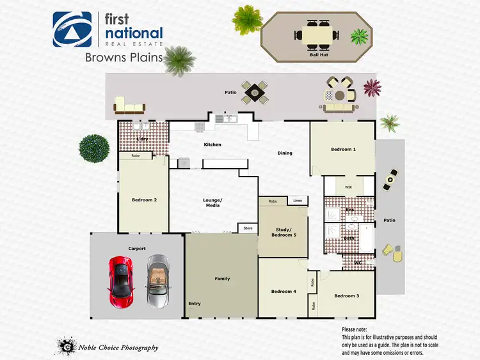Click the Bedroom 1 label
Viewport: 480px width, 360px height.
[342, 150]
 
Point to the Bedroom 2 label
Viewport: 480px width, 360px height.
[144, 200]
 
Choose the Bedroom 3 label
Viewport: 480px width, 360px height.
[346, 296]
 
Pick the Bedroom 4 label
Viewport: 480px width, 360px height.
[284, 292]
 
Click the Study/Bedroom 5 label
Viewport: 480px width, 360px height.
[284, 231]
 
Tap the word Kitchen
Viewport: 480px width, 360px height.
[212, 145]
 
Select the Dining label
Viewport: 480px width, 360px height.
[285, 153]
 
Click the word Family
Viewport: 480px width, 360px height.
[222, 279]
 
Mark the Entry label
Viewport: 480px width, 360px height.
[194, 304]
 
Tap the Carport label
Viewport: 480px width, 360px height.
[137, 249]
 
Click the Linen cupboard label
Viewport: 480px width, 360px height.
[298, 201]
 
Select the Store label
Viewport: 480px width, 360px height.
[248, 228]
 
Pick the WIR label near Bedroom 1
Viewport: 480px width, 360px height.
[349, 187]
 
